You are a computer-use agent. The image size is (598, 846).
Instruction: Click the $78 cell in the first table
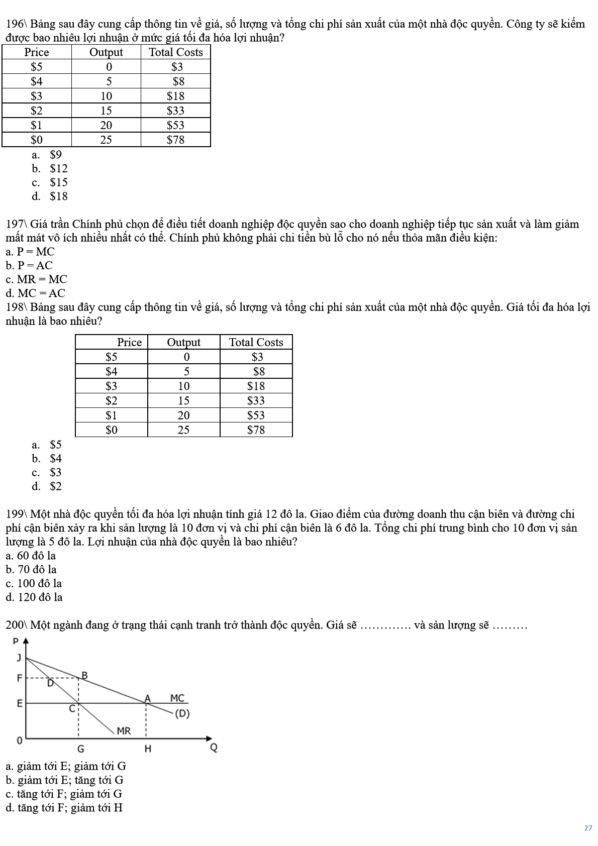(175, 140)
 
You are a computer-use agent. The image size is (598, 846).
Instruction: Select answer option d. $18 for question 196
(50, 196)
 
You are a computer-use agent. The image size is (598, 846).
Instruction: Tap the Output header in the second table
(183, 342)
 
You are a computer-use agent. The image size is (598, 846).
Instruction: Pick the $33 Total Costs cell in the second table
(256, 400)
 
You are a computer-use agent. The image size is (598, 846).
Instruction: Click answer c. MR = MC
(36, 279)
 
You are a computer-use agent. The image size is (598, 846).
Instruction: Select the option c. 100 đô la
(34, 583)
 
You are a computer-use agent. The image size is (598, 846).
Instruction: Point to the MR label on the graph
(124, 731)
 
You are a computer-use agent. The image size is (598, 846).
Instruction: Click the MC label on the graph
(177, 698)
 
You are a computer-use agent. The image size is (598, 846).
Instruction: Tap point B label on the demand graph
(84, 675)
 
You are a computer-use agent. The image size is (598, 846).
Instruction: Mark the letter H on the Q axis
(148, 749)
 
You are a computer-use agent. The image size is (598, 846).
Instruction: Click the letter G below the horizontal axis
(80, 749)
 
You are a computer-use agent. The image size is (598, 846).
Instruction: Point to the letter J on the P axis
(19, 658)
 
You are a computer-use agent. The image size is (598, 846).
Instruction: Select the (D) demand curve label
(182, 713)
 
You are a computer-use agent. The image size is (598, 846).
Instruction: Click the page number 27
(588, 828)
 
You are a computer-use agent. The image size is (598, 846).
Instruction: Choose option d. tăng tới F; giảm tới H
(64, 808)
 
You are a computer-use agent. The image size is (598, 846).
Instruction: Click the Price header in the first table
(37, 52)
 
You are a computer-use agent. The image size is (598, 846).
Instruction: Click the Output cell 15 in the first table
(106, 111)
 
